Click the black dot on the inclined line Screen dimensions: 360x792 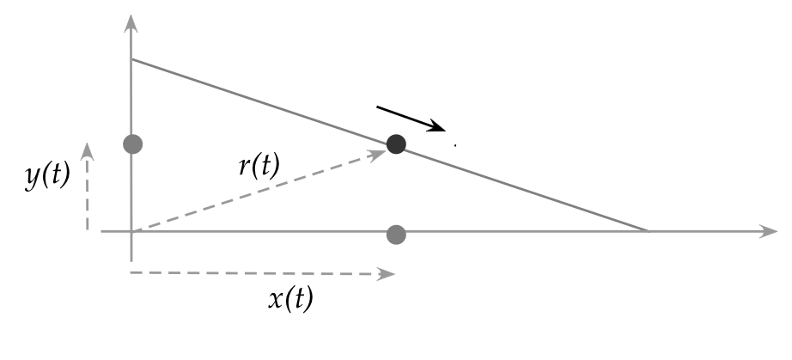pos(396,144)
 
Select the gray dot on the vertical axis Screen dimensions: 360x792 pos(131,143)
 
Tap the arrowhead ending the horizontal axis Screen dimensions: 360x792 pos(770,232)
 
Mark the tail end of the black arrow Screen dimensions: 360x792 pos(377,107)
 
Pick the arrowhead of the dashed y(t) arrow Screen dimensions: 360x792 pos(87,150)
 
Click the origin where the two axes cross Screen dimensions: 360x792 pos(131,232)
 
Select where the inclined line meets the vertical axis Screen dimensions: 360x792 pos(131,59)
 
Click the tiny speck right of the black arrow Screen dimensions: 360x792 pos(455,145)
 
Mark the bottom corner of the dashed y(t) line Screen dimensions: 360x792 pos(88,229)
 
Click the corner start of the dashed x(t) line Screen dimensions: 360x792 pos(131,274)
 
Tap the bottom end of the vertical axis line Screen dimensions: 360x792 pos(131,259)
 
